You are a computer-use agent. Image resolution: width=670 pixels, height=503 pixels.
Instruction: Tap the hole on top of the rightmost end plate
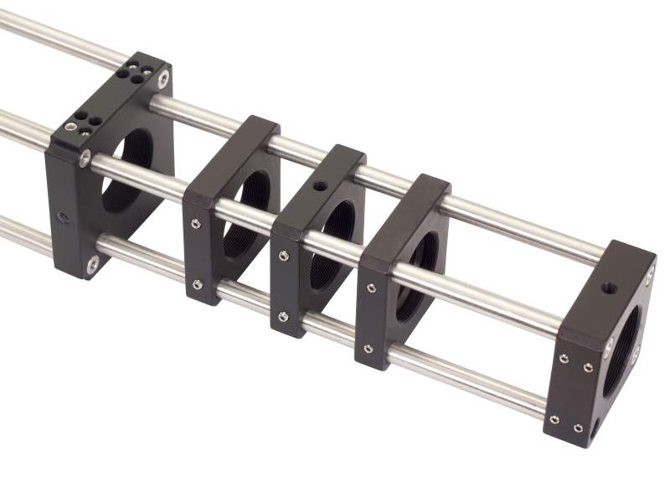(x=609, y=288)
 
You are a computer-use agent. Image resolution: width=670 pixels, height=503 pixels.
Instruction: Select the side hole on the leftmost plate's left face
(x=62, y=217)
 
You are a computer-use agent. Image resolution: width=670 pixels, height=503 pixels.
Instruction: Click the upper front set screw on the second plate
(x=195, y=223)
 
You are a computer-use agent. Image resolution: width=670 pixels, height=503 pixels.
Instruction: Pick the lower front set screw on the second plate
(x=197, y=284)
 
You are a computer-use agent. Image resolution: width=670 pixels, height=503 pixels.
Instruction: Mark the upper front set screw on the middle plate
(x=284, y=255)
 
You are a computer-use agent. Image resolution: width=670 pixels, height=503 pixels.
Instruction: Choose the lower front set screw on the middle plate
(x=283, y=316)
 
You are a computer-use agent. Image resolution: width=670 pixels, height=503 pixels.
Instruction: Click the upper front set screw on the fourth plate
(x=370, y=288)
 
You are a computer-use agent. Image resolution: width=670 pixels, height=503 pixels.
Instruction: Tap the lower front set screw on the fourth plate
(x=368, y=348)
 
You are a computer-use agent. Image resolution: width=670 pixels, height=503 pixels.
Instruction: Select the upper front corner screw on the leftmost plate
(x=85, y=158)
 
